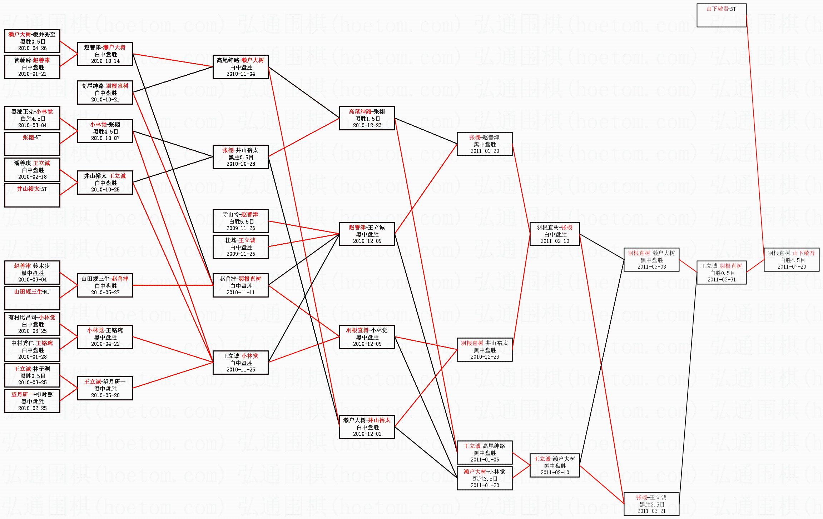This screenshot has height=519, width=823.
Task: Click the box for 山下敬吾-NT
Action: (x=721, y=15)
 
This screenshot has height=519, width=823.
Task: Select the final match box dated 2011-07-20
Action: (x=791, y=260)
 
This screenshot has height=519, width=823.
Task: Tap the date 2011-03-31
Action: (x=721, y=280)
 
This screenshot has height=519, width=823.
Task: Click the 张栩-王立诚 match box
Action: (x=651, y=504)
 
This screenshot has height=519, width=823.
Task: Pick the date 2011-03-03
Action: (x=651, y=267)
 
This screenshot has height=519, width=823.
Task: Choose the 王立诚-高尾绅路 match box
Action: (x=484, y=453)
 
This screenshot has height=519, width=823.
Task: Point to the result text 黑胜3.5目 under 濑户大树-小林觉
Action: (x=485, y=479)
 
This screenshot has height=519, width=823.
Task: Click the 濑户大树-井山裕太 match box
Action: (x=367, y=427)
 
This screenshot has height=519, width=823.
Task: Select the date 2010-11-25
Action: (x=241, y=370)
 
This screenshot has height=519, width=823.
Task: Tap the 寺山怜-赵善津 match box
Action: (x=240, y=221)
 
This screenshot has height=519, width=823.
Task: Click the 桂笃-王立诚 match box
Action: (x=240, y=246)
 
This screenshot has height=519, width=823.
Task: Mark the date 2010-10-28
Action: (x=241, y=164)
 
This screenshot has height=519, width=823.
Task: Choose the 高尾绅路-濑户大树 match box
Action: (x=240, y=67)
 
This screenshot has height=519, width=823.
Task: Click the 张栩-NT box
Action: (x=32, y=144)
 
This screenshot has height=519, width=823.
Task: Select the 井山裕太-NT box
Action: (x=32, y=195)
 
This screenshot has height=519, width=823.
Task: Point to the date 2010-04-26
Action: (x=32, y=48)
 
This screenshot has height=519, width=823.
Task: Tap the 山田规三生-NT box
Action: (x=32, y=298)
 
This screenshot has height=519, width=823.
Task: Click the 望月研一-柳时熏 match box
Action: (x=32, y=401)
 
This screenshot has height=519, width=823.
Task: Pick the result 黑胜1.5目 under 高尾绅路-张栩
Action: (x=367, y=119)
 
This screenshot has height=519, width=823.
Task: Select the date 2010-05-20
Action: (x=105, y=395)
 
